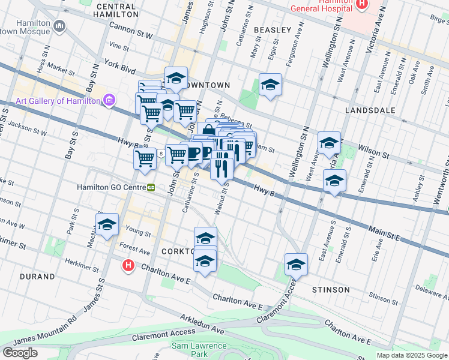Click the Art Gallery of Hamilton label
click(58, 101)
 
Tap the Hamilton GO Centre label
click(111, 187)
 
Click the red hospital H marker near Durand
click(128, 265)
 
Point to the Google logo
click(20, 353)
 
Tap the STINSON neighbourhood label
click(331, 290)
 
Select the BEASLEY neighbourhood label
click(273, 29)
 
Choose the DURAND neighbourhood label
click(37, 277)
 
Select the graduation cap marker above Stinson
click(296, 263)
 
